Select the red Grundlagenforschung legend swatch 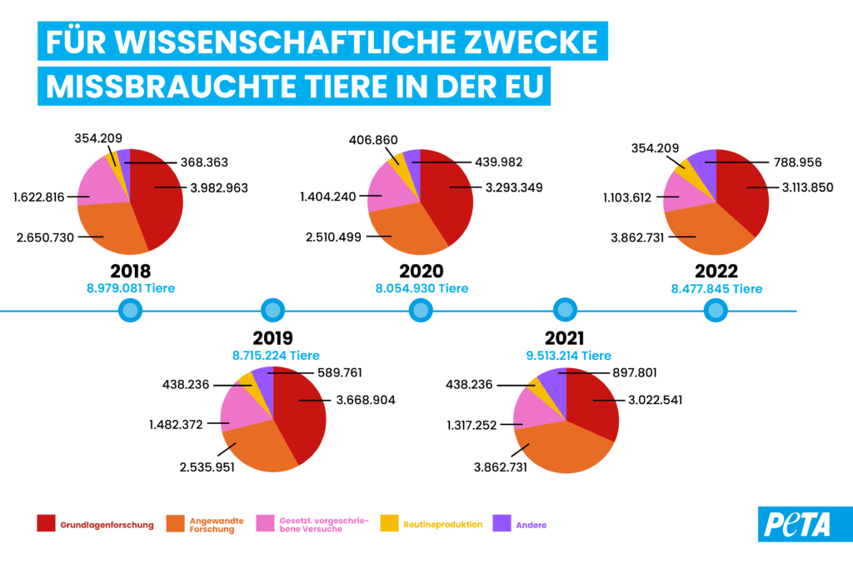coord(47,524)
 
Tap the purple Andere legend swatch coord(501,524)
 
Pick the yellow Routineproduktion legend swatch coord(390,524)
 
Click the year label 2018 coord(131,271)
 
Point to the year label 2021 coord(565,338)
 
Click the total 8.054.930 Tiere coord(422,288)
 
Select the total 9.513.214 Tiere coord(566,355)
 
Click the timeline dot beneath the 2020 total coord(421,311)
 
